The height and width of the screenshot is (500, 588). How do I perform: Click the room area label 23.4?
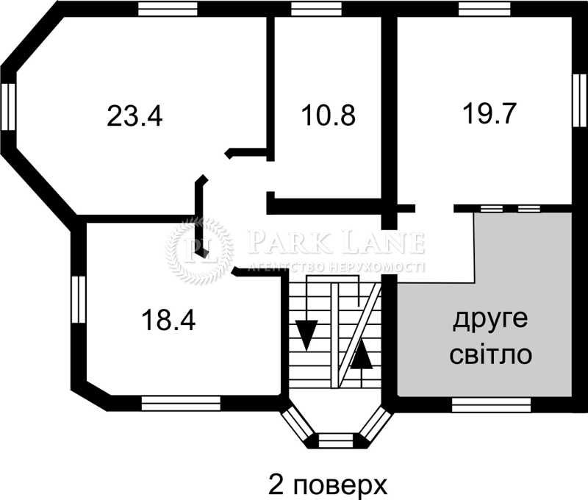coord(134,116)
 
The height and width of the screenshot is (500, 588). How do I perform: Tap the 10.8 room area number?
coord(328,115)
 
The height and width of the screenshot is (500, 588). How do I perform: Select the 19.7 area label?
coord(490,113)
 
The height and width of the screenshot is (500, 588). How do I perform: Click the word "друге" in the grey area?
coord(491,321)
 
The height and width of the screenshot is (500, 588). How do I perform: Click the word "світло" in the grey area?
coord(491,356)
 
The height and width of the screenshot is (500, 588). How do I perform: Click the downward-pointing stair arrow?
coord(306,335)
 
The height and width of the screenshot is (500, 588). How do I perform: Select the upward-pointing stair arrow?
coord(360,356)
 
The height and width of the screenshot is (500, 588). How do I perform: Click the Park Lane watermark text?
coord(337,241)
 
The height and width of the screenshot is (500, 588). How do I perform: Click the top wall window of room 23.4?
coord(168,10)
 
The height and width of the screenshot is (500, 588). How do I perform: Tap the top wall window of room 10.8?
coord(316,10)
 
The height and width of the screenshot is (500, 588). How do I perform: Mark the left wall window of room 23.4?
coord(9,107)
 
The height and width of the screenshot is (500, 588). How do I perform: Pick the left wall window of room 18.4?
coord(79,298)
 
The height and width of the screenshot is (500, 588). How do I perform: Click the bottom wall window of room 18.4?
coord(181,403)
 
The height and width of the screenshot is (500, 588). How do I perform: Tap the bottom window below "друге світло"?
coord(491,403)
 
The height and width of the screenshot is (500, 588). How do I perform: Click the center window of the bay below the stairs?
coord(337,440)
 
